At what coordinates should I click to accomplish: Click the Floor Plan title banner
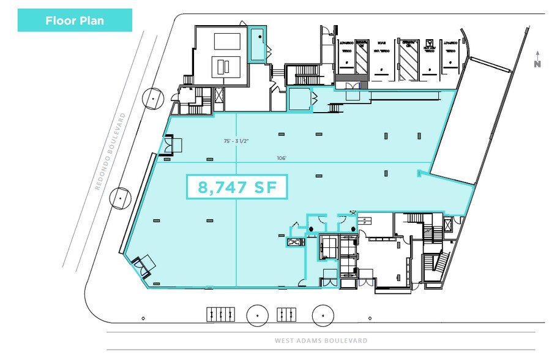75,20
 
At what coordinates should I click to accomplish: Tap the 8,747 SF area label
237,187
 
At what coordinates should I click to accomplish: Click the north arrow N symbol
537,61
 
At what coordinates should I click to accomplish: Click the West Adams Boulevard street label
321,340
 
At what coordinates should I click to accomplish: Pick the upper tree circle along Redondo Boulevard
151,97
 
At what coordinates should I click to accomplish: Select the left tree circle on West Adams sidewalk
258,315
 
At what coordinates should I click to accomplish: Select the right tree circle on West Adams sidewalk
323,315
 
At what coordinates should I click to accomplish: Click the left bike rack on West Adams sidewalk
219,313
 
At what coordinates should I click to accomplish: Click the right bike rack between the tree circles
286,313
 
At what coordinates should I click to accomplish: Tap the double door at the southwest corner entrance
144,266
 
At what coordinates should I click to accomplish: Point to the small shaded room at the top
258,43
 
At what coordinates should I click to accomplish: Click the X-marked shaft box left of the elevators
295,242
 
